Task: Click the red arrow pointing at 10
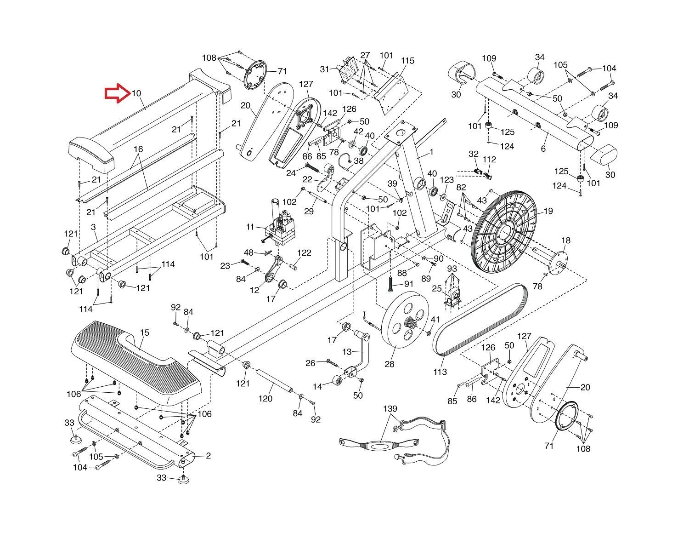click(x=117, y=93)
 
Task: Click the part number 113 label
click(x=440, y=372)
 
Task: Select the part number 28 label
click(x=390, y=364)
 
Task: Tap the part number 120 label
click(x=265, y=398)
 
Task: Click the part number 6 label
click(x=543, y=149)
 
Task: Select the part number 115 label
click(x=407, y=61)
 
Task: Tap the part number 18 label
click(x=565, y=241)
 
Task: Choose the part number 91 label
click(x=409, y=284)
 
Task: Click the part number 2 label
click(x=208, y=456)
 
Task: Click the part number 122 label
click(x=304, y=252)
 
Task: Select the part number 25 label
click(x=437, y=289)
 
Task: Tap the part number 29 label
click(x=309, y=211)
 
